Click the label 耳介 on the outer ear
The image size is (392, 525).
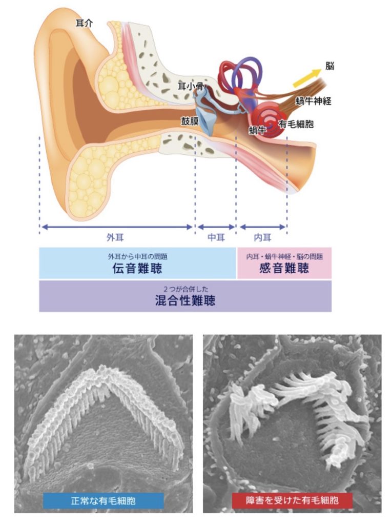tap(84, 24)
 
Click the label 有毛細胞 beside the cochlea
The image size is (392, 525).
tap(296, 124)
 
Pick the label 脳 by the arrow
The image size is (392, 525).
tap(330, 66)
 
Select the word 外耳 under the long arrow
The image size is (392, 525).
tap(115, 237)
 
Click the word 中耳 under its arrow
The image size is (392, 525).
tap(216, 237)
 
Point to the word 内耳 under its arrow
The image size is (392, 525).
tap(263, 237)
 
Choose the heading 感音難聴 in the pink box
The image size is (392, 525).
tap(284, 268)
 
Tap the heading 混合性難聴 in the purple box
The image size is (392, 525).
tap(185, 300)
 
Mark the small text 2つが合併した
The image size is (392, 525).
tap(185, 289)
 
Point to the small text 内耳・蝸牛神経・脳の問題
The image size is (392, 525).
tap(284, 256)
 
